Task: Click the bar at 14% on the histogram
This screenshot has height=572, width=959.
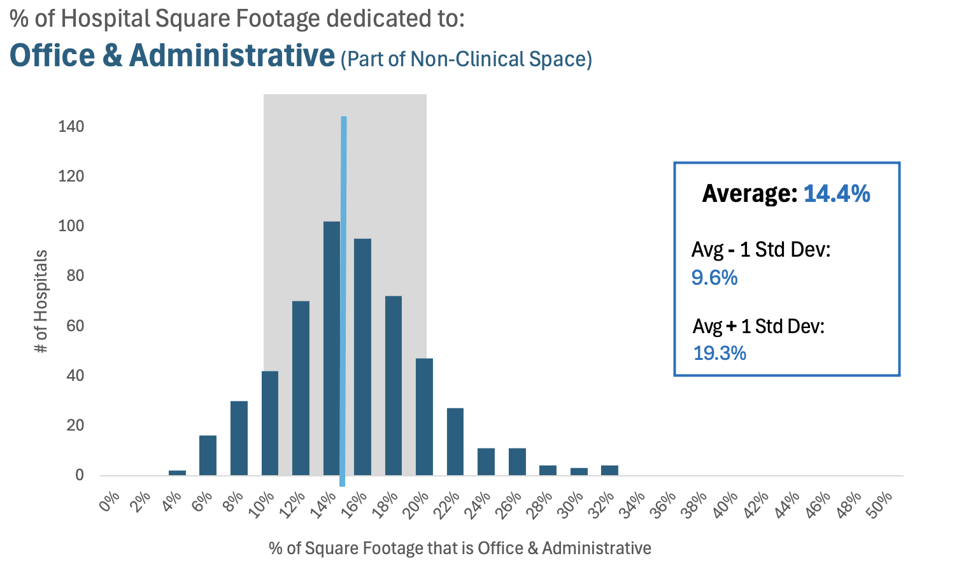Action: (x=330, y=350)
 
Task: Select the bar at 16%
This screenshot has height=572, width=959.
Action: (x=362, y=357)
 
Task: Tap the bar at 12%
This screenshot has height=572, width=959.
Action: (x=301, y=389)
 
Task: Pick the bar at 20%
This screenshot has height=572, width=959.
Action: (x=424, y=417)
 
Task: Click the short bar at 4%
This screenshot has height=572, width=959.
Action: (x=177, y=473)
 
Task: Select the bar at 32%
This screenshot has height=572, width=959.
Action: (x=609, y=470)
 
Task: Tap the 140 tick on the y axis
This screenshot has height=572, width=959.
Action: (x=71, y=126)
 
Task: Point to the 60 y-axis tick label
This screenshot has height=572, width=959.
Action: (x=75, y=325)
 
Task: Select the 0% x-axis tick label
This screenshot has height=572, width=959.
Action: (x=110, y=503)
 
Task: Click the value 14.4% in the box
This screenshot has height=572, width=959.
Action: (x=837, y=193)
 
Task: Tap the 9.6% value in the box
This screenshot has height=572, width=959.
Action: (x=714, y=278)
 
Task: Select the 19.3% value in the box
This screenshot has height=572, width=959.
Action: (x=720, y=353)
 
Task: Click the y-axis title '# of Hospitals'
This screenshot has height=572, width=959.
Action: (x=41, y=301)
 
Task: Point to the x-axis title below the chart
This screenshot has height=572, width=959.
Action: (x=460, y=548)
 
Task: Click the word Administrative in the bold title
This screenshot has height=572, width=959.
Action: (x=232, y=55)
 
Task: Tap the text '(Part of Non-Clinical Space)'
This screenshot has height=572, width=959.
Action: (x=466, y=59)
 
